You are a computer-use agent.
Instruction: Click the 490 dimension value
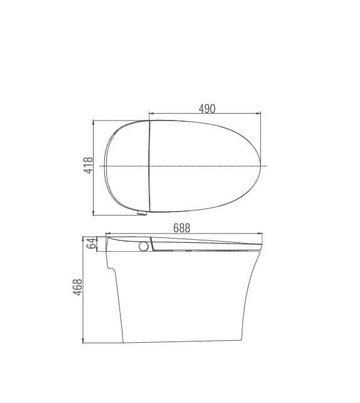[x=207, y=108]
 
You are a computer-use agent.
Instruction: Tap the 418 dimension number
[x=89, y=165]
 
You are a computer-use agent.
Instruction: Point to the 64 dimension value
[x=92, y=243]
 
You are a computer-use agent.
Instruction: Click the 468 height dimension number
[x=78, y=289]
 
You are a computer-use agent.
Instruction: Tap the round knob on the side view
[x=144, y=246]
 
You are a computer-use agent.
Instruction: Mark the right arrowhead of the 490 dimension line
[x=259, y=114]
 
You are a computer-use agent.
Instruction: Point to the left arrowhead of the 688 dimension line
[x=107, y=234]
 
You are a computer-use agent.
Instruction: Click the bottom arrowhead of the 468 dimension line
[x=84, y=341]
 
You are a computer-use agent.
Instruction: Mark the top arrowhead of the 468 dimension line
[x=84, y=239]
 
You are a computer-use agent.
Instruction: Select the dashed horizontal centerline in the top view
[x=207, y=166]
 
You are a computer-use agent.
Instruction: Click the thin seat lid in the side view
[x=207, y=244]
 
